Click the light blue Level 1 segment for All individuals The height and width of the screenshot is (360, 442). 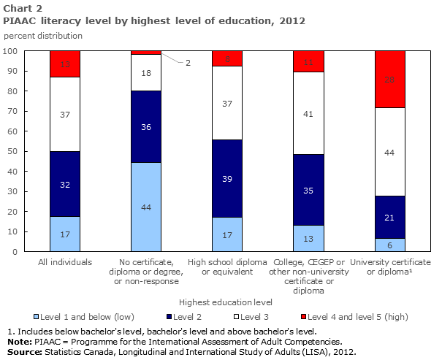point(65,234)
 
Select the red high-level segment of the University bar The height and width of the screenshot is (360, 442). point(389,79)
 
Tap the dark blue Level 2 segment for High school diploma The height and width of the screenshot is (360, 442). point(227,178)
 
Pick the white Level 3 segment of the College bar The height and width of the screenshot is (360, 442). point(308,113)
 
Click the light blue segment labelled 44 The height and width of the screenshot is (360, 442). point(146,207)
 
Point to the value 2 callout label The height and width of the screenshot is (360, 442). point(188,63)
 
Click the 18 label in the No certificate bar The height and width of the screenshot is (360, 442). point(146,73)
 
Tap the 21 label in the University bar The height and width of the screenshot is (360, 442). point(389,217)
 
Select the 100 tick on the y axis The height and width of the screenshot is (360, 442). point(11,51)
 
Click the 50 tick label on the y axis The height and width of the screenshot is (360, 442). point(13,151)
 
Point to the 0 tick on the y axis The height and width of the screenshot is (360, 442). point(15,252)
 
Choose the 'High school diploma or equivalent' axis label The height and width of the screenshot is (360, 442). point(227,267)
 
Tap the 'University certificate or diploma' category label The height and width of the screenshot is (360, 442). point(389,267)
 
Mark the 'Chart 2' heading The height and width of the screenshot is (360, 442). point(21,8)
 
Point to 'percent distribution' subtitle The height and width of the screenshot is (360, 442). point(43,35)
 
